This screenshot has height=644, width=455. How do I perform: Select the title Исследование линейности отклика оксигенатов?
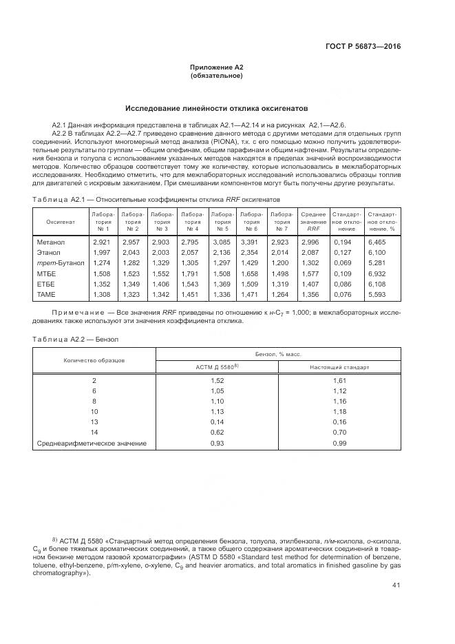click(216, 109)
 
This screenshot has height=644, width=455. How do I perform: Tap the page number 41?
click(395, 585)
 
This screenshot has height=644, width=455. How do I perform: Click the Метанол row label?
click(50, 242)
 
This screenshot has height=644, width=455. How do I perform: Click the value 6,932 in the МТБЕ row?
click(379, 273)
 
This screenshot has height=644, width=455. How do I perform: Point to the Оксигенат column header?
click(60, 222)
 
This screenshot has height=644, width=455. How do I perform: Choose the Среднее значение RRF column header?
click(313, 222)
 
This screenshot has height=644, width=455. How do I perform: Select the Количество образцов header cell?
click(94, 360)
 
